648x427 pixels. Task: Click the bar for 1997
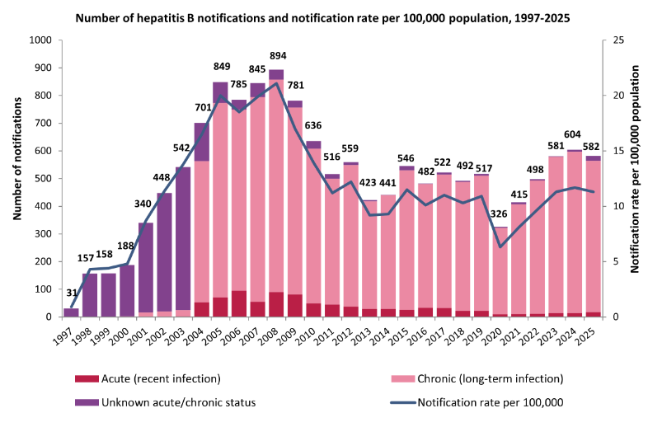[x=71, y=312]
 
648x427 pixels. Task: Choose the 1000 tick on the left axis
[x=39, y=40]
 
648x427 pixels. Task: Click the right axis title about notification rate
[x=635, y=178]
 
